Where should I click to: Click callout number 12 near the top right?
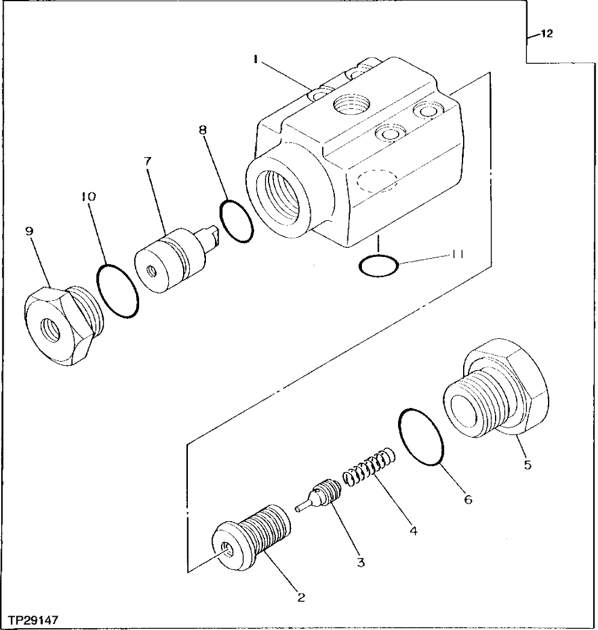pyautogui.click(x=546, y=34)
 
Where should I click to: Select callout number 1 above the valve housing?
pyautogui.click(x=255, y=59)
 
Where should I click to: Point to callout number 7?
pyautogui.click(x=148, y=161)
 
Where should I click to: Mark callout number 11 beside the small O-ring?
pyautogui.click(x=457, y=255)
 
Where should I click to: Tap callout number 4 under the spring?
pyautogui.click(x=412, y=531)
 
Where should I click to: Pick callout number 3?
pyautogui.click(x=360, y=563)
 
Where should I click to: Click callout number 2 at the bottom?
pyautogui.click(x=301, y=598)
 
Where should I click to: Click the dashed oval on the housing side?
pyautogui.click(x=376, y=179)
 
